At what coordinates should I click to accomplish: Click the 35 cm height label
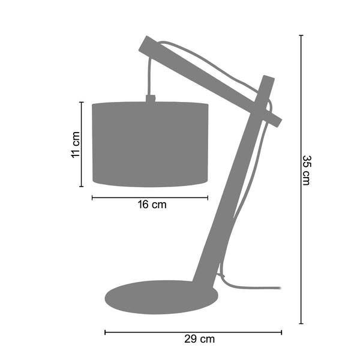307,170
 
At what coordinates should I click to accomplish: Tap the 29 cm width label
199,339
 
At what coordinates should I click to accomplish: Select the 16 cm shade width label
152,205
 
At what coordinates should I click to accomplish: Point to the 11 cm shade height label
75,145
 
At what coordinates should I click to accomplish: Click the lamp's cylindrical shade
150,144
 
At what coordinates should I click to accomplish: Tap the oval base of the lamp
161,297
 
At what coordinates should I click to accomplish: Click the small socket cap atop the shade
151,98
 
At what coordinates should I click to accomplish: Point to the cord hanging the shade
150,76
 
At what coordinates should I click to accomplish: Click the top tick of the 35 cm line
301,35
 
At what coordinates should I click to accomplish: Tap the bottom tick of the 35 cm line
301,323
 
